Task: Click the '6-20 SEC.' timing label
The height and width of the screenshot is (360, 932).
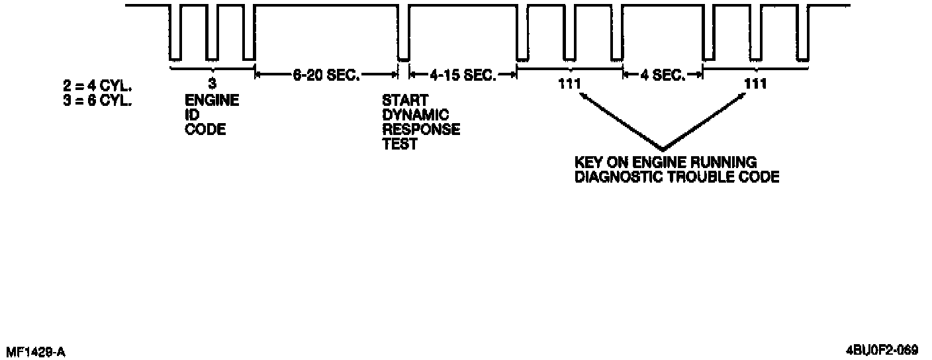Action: point(326,75)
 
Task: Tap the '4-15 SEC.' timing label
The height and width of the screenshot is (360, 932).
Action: point(463,75)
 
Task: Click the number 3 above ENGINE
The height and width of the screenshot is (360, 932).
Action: point(212,84)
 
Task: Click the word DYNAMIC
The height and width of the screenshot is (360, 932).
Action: point(415,115)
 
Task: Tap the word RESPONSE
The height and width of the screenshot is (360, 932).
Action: point(421,129)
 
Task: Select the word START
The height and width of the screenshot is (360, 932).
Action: point(405,101)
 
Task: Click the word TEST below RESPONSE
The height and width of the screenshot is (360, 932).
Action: point(400,144)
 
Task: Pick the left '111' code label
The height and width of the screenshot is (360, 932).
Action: point(569,84)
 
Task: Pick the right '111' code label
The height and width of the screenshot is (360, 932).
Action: point(755,84)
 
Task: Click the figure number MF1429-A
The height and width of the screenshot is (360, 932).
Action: point(35,351)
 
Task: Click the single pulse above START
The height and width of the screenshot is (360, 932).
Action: point(402,33)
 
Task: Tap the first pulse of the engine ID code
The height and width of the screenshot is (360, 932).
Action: point(175,33)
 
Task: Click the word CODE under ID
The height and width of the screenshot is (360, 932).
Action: point(205,129)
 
